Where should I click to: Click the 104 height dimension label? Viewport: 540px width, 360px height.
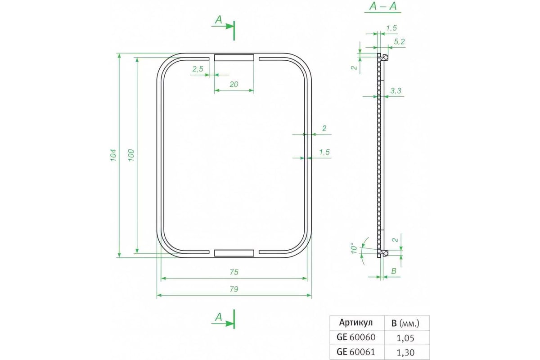pos(113,155)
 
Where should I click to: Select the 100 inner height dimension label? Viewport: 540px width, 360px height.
pos(131,155)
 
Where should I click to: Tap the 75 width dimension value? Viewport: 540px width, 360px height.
pos(234,272)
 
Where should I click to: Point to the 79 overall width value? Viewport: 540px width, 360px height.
pos(234,289)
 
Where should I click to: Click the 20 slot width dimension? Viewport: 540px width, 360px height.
pos(234,84)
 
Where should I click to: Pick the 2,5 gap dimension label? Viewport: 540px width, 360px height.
pos(198,69)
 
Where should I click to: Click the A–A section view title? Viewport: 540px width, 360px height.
pos(383,6)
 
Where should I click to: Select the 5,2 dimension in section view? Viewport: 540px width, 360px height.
pos(399,42)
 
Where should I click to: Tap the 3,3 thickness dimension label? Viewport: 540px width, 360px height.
pos(396,90)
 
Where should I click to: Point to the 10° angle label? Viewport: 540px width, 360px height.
pos(354,248)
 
